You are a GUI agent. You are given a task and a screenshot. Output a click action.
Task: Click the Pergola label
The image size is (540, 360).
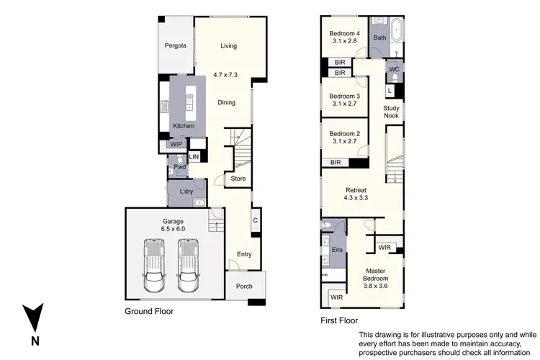point(175,46)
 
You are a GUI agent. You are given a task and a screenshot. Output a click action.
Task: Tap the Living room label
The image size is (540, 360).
point(228,46)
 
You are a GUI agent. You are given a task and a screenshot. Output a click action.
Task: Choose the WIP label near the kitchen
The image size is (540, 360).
point(176,144)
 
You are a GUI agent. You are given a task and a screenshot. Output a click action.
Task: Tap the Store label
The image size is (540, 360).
point(238,179)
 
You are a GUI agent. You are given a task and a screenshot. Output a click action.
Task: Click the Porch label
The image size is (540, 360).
point(244,286)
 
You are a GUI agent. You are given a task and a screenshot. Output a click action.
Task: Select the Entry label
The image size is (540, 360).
point(244,254)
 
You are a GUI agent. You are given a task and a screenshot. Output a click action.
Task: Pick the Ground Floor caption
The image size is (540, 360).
point(150,312)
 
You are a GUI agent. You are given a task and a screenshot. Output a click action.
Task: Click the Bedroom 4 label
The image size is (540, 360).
point(344,37)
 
